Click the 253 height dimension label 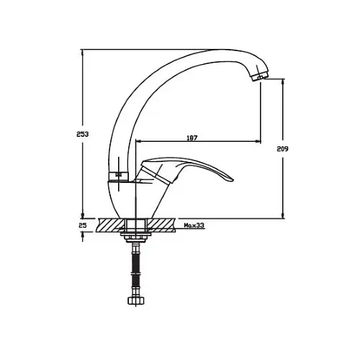(x=83, y=134)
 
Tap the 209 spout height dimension (x=282, y=149)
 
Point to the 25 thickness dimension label (x=83, y=225)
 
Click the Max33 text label (x=194, y=225)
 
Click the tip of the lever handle (x=233, y=181)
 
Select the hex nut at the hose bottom (x=136, y=300)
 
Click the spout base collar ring (x=118, y=176)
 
